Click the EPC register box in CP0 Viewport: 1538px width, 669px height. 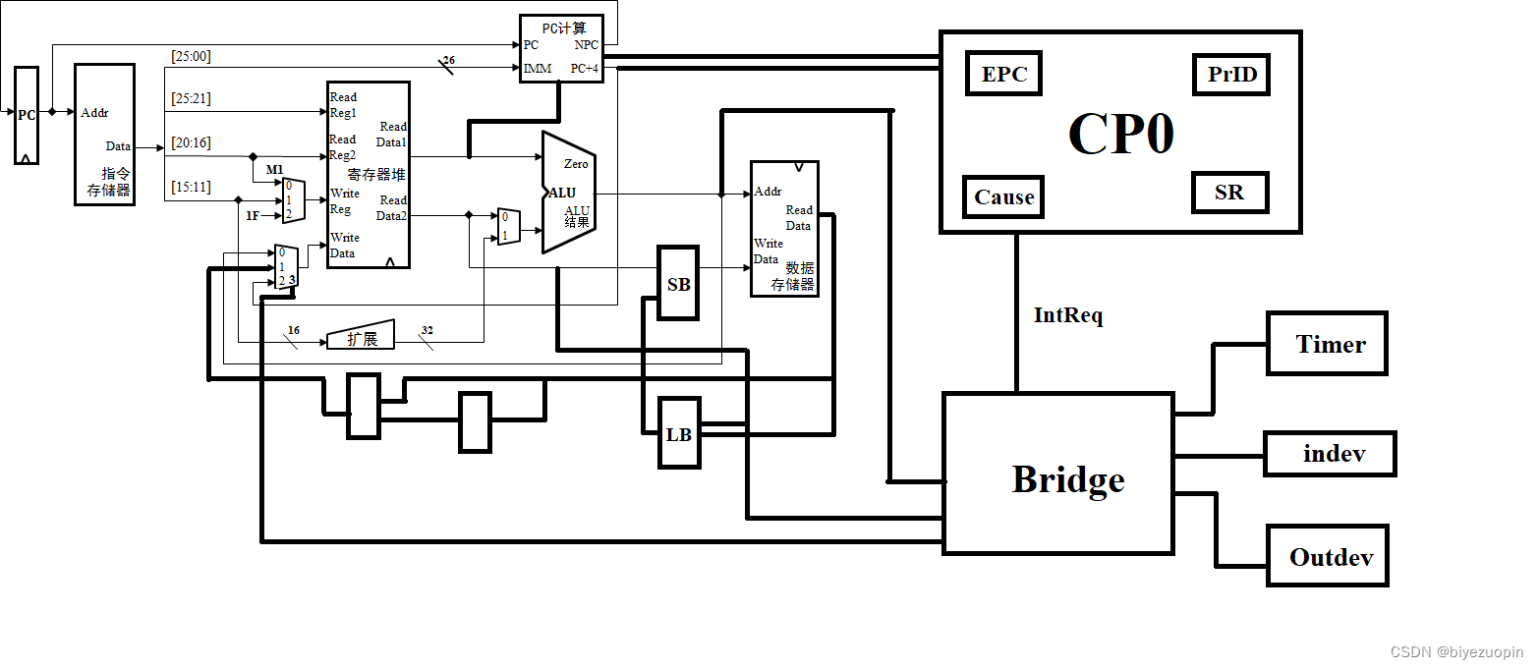1003,74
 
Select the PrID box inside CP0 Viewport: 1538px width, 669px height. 1231,74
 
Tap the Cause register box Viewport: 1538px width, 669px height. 1003,196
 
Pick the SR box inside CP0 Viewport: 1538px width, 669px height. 1229,192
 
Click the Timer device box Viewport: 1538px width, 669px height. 1327,344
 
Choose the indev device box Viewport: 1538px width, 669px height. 1330,454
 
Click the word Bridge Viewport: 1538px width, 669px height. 1068,479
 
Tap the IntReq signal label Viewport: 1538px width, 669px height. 1068,315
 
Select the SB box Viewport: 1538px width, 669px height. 678,284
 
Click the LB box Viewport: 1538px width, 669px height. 679,434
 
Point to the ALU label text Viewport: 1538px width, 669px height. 562,194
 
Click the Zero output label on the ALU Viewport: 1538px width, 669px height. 576,164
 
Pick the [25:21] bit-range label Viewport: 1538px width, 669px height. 191,98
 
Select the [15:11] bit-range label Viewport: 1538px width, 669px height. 191,187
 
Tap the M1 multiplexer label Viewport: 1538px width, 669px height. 274,170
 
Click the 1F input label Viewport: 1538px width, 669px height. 253,215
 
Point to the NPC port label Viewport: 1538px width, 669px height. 586,45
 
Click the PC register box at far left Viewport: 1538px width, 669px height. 27,115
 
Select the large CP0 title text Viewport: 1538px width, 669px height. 1120,134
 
